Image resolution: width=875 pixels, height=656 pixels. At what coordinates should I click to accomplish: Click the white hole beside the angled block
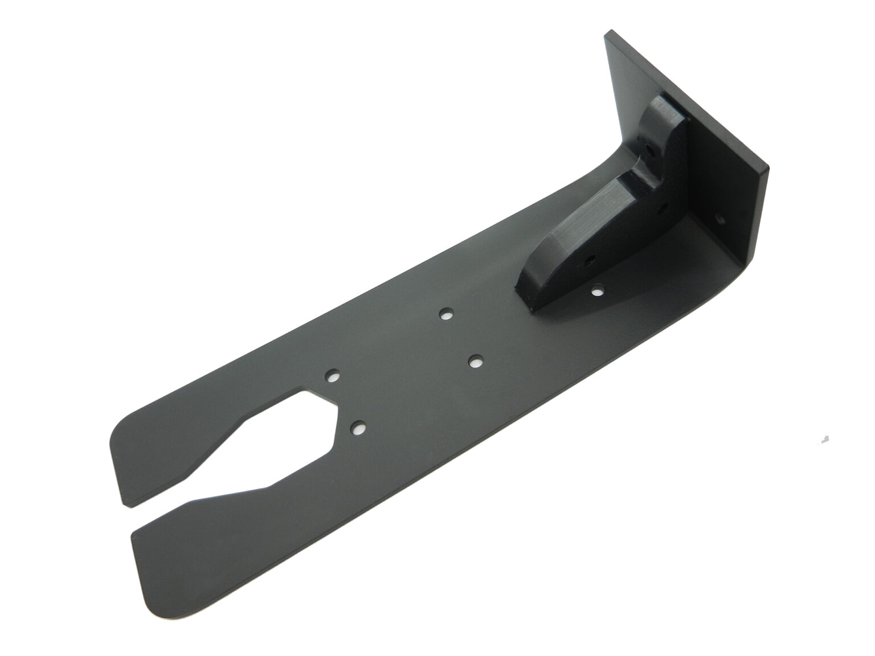[x=596, y=292]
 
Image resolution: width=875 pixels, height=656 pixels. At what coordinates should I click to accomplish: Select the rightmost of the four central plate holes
[x=476, y=361]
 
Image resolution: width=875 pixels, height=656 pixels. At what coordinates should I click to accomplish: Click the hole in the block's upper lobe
[x=651, y=151]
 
